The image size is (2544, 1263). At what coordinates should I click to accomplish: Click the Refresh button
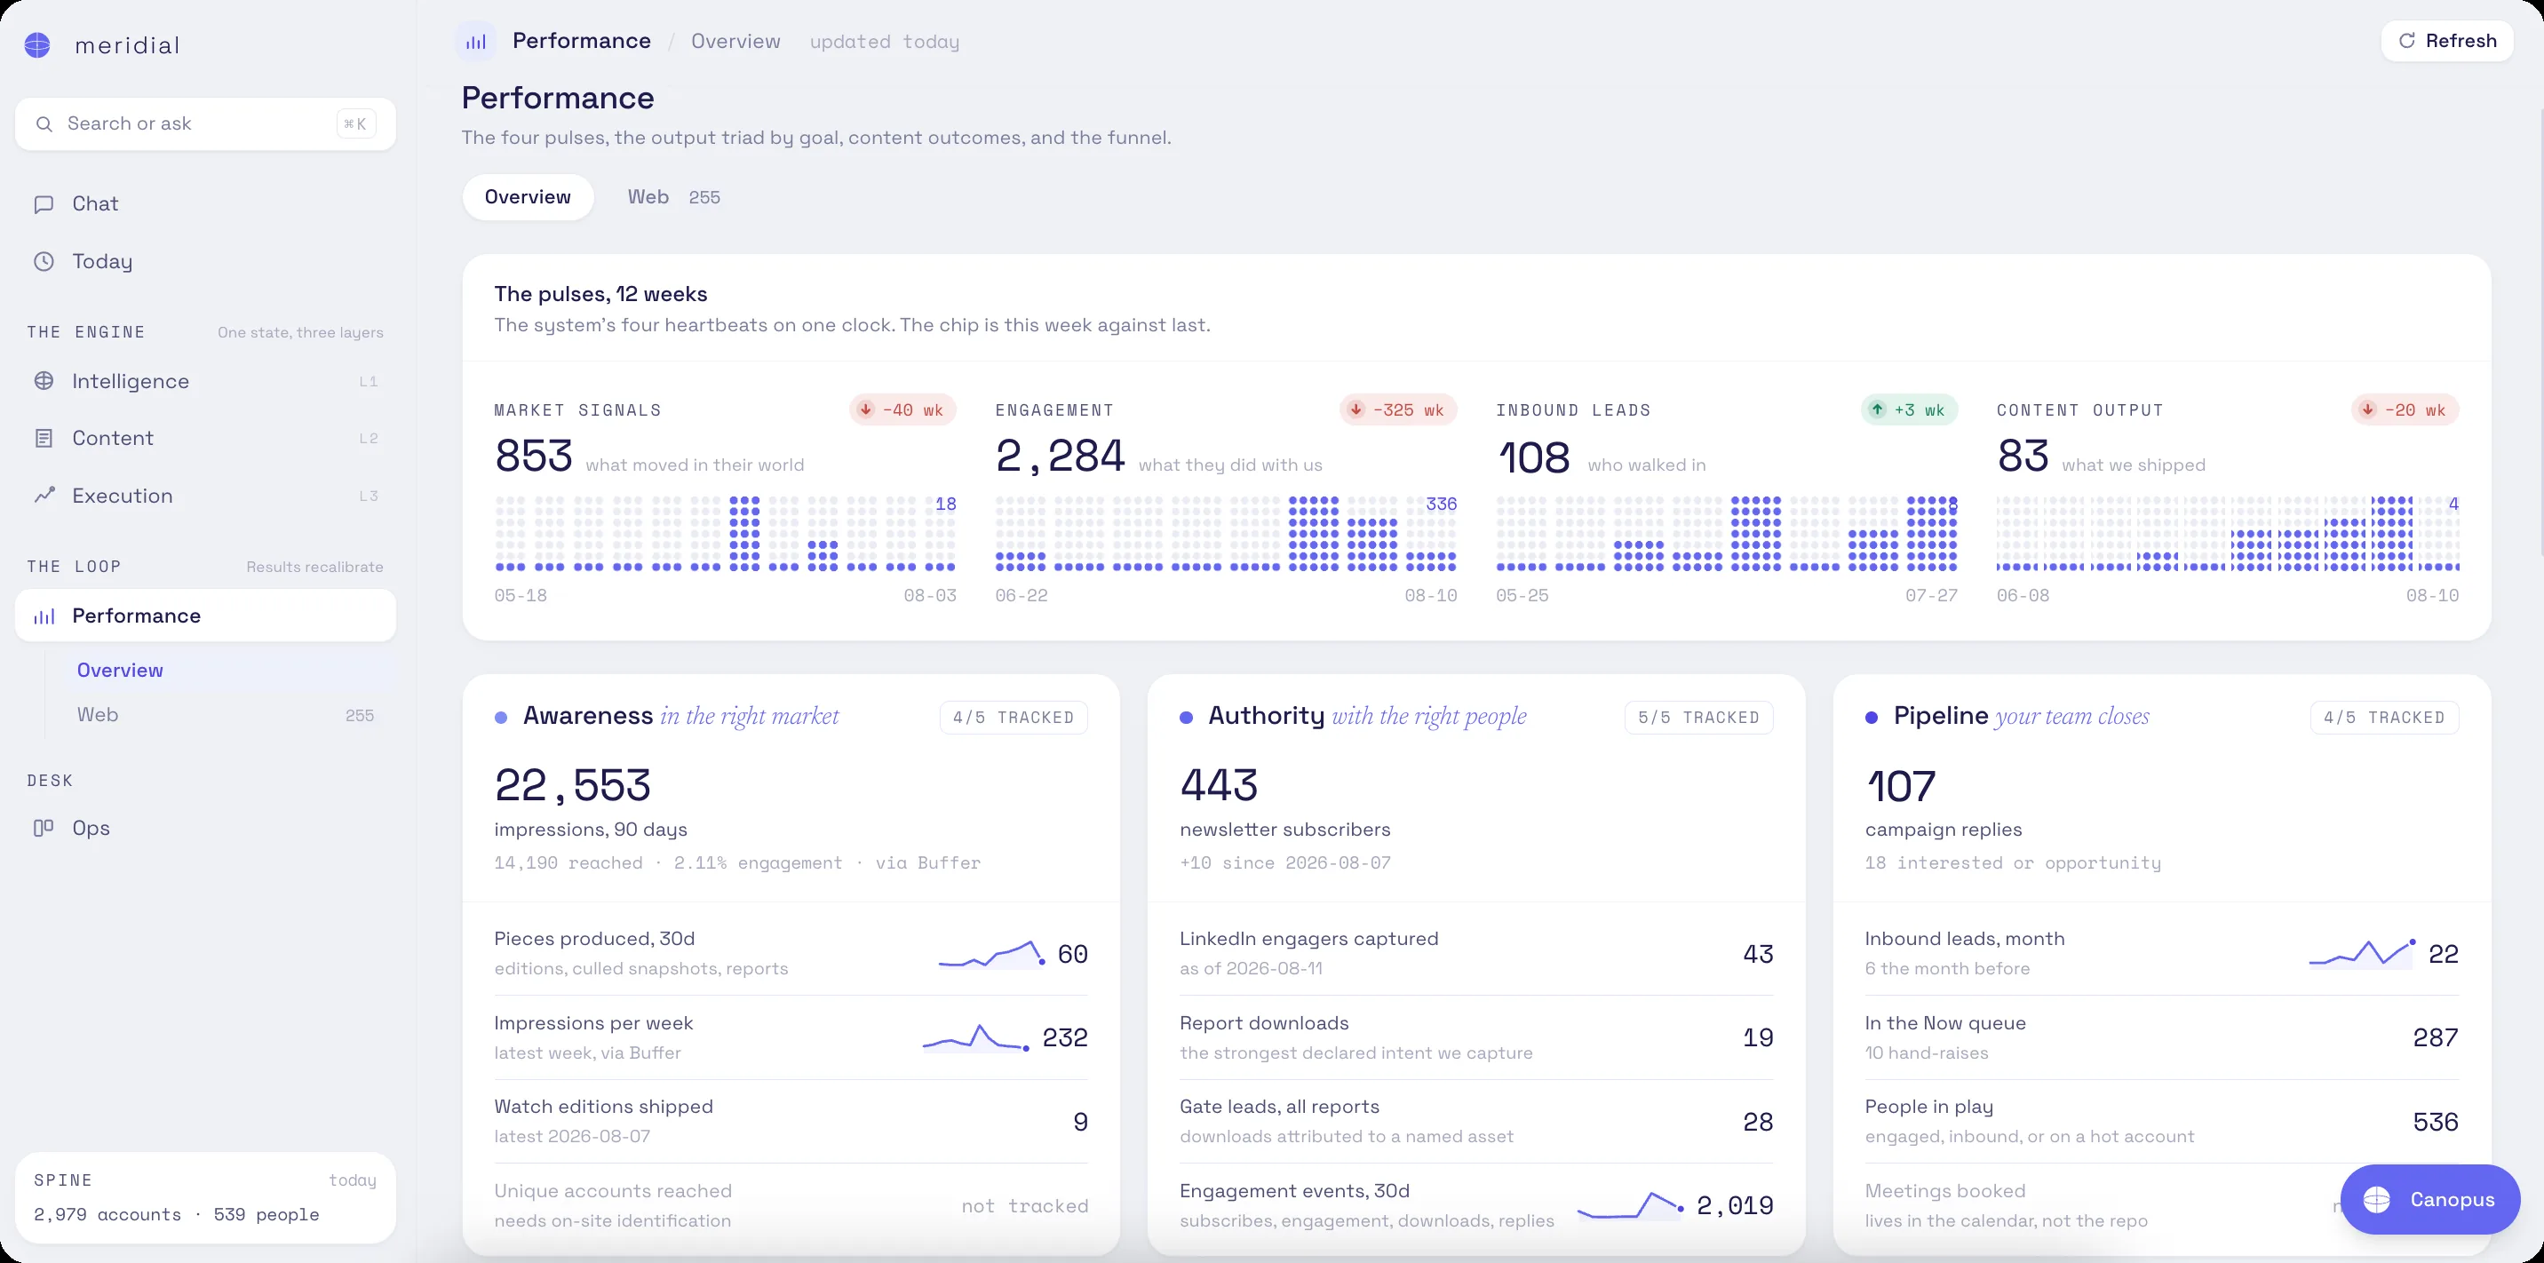2446,42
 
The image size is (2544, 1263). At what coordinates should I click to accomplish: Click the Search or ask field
205,123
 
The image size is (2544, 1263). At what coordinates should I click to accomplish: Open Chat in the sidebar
95,203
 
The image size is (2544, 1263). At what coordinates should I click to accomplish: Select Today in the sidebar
102,262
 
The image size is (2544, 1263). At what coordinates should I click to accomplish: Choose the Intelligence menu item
131,381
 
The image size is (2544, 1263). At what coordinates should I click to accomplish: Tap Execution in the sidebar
123,496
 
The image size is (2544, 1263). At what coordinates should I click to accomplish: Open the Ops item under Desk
91,828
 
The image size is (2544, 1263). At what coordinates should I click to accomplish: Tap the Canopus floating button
2429,1199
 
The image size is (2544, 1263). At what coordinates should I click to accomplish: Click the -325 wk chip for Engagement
1397,409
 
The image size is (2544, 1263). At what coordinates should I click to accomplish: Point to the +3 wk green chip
1909,409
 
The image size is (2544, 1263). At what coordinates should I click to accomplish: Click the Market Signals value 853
533,457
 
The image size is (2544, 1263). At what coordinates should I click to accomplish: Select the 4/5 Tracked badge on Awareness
1014,718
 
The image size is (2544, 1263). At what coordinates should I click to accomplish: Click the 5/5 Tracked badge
1698,718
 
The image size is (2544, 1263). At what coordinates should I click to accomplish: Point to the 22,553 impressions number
573,786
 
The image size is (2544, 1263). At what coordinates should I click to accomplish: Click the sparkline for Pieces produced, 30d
991,954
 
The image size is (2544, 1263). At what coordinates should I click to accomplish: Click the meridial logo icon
37,45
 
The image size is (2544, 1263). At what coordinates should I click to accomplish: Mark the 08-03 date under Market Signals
930,595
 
